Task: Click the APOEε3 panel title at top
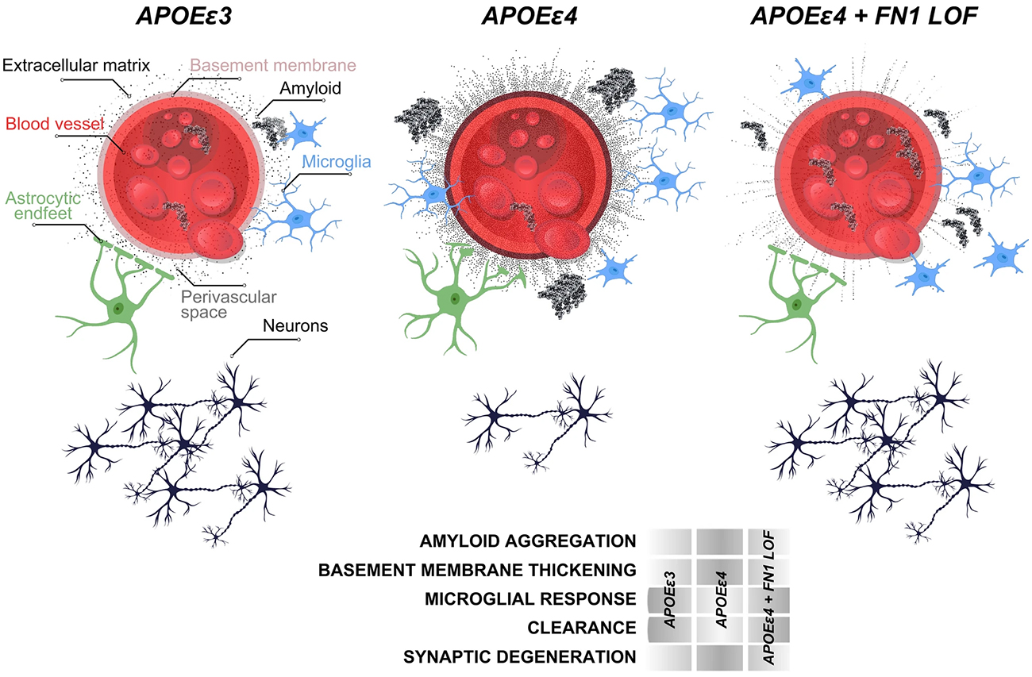(x=184, y=16)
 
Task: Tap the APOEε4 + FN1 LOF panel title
(x=864, y=16)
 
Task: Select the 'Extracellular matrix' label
(x=76, y=65)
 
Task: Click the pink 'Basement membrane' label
(x=273, y=65)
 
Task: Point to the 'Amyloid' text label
(x=310, y=88)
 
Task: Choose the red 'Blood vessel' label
(x=54, y=124)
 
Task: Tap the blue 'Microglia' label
(x=337, y=162)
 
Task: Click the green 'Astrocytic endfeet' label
(x=44, y=206)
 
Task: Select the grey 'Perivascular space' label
(x=229, y=305)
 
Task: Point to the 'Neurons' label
(x=295, y=325)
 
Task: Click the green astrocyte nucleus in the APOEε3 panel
(x=118, y=307)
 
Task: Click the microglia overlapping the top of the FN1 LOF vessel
(x=809, y=82)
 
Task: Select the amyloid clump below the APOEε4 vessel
(x=562, y=294)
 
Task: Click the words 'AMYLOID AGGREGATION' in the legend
(x=528, y=540)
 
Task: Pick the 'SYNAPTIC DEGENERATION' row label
(x=520, y=656)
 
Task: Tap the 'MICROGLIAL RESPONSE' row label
(x=530, y=598)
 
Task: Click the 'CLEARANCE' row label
(x=582, y=628)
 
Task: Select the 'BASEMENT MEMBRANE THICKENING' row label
(x=477, y=570)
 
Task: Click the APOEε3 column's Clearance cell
(x=669, y=629)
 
